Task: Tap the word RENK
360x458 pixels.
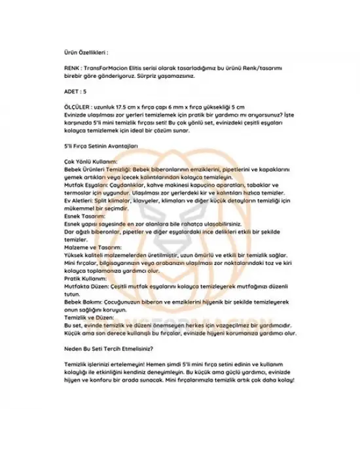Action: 71,68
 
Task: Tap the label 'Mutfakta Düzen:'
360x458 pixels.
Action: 83,287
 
